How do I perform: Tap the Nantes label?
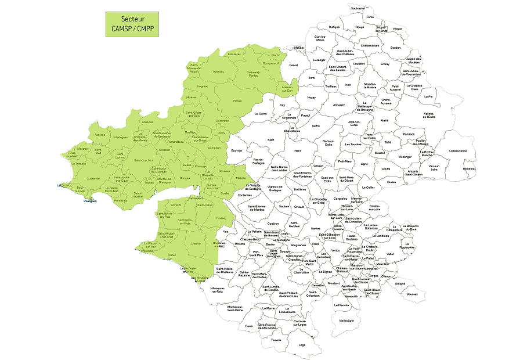pos(316,229)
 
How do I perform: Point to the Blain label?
pos(270,140)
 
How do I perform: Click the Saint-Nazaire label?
pos(138,196)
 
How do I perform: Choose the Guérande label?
pos(93,178)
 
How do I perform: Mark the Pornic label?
pos(171,254)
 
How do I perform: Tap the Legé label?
pos(302,344)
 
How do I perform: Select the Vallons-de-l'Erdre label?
pos(429,115)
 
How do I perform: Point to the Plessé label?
pos(237,100)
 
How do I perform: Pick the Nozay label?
pos(312,98)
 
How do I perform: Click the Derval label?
pos(293,65)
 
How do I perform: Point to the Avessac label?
pos(218,71)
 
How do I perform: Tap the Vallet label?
pos(390,254)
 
